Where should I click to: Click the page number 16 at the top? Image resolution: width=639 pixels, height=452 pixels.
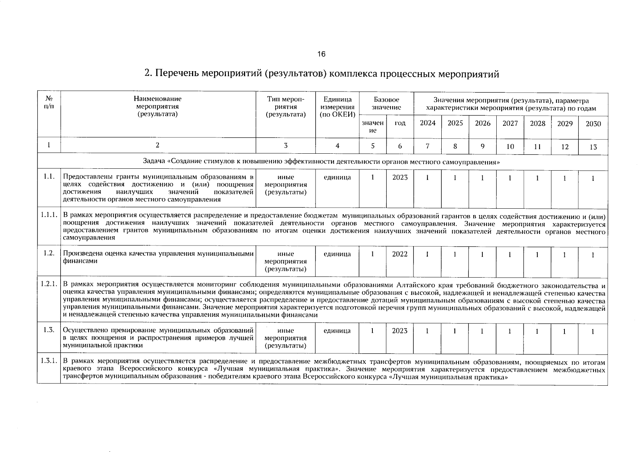point(321,54)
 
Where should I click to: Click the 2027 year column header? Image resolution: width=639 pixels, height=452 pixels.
point(510,123)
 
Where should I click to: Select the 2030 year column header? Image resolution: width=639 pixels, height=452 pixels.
point(593,124)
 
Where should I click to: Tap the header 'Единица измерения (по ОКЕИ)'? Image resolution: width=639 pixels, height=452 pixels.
point(337,107)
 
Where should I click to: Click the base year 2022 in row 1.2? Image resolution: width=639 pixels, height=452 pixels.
point(400,254)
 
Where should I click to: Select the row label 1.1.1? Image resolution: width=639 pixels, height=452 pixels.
point(49,215)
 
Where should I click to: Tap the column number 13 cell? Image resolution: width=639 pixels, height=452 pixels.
point(593,147)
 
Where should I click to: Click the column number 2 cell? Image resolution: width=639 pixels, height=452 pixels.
point(157,145)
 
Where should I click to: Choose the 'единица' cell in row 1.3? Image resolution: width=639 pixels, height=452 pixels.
point(337,331)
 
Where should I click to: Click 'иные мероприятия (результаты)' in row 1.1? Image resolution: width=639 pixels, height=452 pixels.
point(286,185)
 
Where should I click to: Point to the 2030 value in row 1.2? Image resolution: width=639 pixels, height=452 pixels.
point(593,255)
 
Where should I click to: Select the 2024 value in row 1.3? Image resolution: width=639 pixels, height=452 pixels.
point(427,331)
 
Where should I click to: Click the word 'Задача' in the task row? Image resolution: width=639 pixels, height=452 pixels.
point(155,162)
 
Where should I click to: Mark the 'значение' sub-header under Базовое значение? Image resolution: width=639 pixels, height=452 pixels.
point(372,127)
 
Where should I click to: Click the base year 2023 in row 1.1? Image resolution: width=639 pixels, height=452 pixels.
point(400,177)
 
